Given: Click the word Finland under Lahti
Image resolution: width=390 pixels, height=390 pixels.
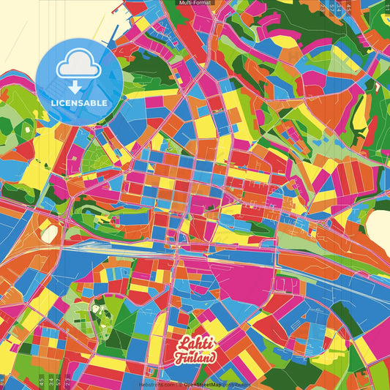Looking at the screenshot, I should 196,358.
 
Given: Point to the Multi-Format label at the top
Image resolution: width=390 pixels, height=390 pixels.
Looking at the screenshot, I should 195,4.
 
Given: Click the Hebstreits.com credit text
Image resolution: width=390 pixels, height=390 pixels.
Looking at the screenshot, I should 157,383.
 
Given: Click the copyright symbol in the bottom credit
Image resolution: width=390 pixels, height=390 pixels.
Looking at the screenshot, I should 179,383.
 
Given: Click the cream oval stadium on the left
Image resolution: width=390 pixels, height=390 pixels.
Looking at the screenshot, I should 49,233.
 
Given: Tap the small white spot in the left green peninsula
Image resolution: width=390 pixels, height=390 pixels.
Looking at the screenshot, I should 27,130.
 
